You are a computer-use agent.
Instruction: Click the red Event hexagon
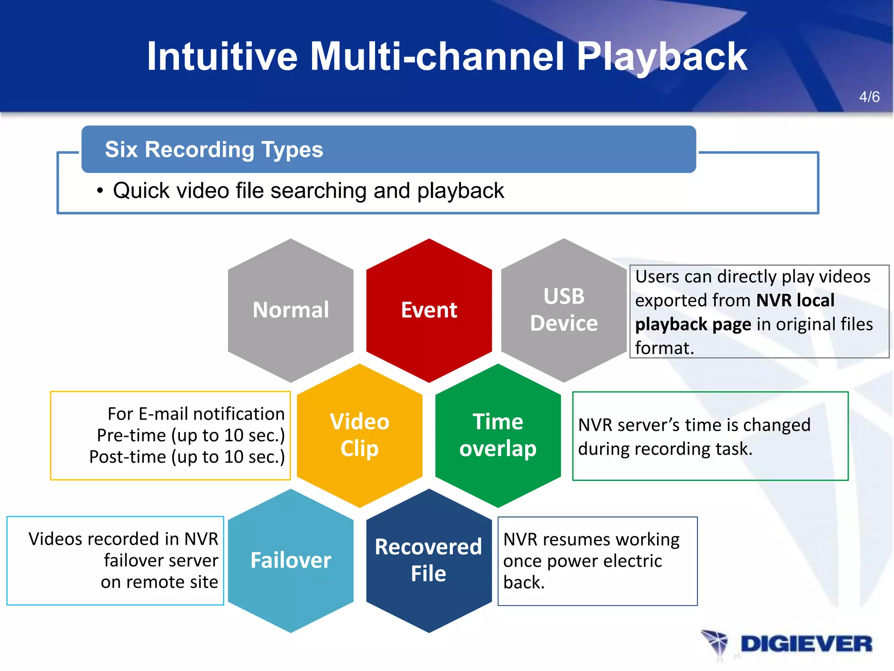(x=429, y=310)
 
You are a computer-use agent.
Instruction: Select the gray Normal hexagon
(x=291, y=310)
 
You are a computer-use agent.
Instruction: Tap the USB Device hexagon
(x=564, y=310)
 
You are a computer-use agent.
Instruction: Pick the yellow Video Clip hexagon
(x=359, y=435)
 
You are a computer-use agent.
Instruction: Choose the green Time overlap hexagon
(x=498, y=435)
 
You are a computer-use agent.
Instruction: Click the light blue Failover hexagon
(x=291, y=560)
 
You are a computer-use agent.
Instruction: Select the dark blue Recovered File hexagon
(x=429, y=560)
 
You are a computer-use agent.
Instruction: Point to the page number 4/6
(x=869, y=97)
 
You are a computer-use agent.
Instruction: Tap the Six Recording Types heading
(x=214, y=150)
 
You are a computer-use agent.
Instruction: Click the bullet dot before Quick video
(x=100, y=191)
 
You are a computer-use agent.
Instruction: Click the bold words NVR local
(x=795, y=301)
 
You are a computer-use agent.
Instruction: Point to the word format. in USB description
(x=664, y=348)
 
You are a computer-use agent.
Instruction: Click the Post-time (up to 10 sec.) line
(x=187, y=457)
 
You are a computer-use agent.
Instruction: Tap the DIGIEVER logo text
(x=806, y=644)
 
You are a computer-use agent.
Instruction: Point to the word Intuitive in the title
(x=222, y=57)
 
